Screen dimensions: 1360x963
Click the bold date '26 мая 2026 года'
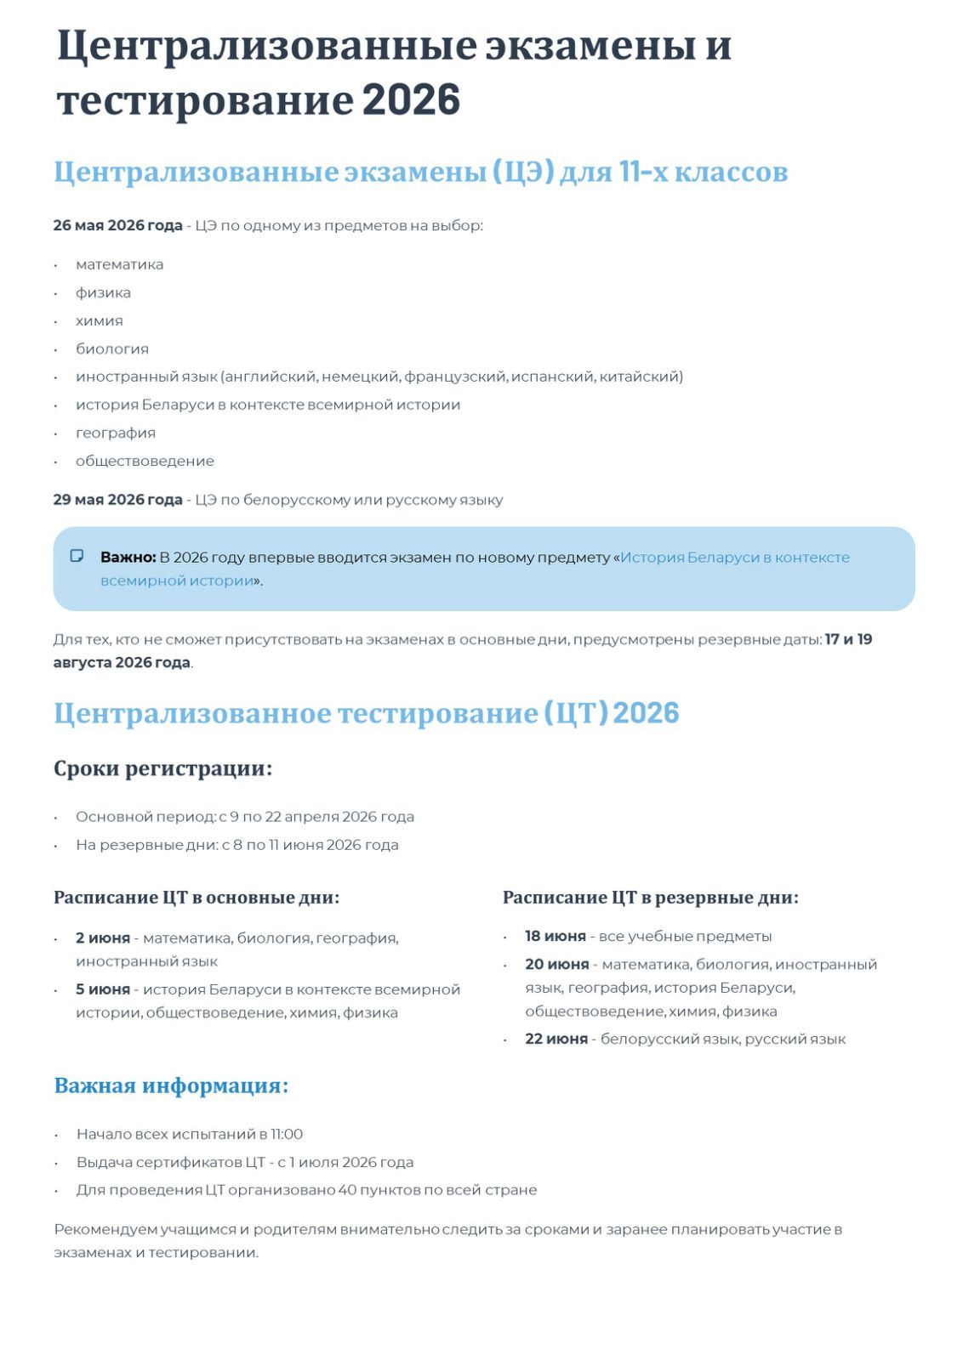(117, 225)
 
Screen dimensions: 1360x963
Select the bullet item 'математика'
(119, 264)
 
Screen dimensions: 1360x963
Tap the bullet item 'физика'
(103, 292)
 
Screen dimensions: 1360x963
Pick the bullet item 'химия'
(99, 320)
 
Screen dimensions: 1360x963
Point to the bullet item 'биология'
(111, 348)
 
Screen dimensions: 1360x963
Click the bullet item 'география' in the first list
(116, 433)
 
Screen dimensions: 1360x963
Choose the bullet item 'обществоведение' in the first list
(145, 461)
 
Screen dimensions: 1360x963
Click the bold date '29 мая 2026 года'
(117, 500)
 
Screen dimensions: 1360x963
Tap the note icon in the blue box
(77, 556)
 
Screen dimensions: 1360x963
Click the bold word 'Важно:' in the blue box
(128, 558)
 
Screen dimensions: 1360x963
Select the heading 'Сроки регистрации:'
(163, 768)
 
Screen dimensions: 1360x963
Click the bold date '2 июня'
(103, 938)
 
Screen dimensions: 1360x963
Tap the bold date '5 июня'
(103, 989)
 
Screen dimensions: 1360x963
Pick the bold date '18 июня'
(556, 936)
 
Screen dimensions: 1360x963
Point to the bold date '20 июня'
(557, 964)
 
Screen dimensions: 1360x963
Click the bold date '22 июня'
(556, 1039)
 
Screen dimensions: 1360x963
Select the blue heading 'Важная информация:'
(171, 1085)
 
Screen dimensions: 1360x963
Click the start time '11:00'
(287, 1134)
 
